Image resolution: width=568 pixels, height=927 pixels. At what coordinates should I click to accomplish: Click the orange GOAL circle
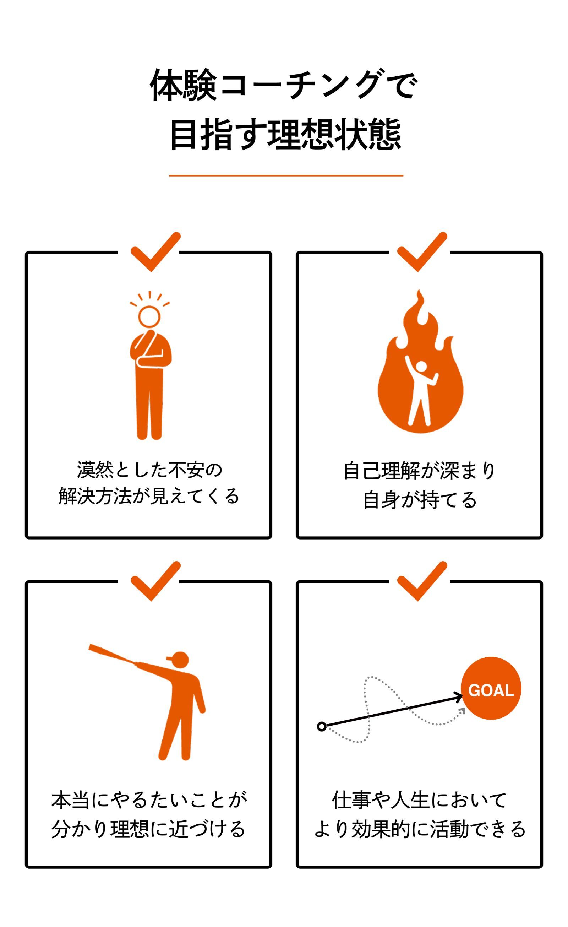(491, 688)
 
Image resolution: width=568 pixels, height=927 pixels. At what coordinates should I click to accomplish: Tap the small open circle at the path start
(322, 726)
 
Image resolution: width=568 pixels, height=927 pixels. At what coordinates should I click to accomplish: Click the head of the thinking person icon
(149, 316)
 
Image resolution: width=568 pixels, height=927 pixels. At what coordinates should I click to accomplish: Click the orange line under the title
(286, 175)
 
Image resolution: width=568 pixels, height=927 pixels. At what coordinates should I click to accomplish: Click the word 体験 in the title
(184, 85)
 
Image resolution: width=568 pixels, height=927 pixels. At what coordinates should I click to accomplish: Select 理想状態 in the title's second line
(334, 134)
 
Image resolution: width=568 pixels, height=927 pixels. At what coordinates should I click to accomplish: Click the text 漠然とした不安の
(150, 470)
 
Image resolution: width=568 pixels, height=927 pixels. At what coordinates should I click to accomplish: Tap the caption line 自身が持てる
(420, 500)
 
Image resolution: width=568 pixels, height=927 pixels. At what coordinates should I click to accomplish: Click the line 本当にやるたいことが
(149, 800)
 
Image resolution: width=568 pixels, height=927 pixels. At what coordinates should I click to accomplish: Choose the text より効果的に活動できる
(420, 830)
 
